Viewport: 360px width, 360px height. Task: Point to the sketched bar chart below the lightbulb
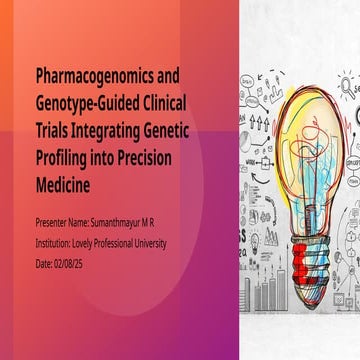click(269, 291)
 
